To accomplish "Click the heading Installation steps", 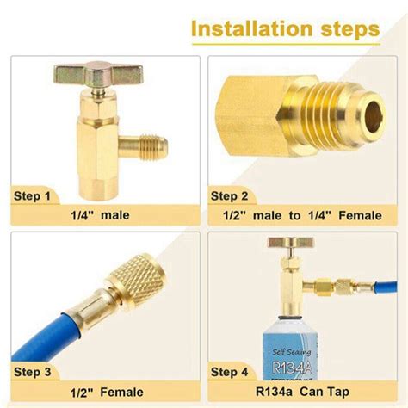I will click(284, 28).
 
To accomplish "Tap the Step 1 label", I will click(33, 195).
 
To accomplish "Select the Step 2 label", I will click(230, 195).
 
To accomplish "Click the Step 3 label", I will click(33, 371).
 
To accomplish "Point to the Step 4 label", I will click(230, 371).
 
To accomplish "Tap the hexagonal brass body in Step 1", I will click(92, 142).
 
